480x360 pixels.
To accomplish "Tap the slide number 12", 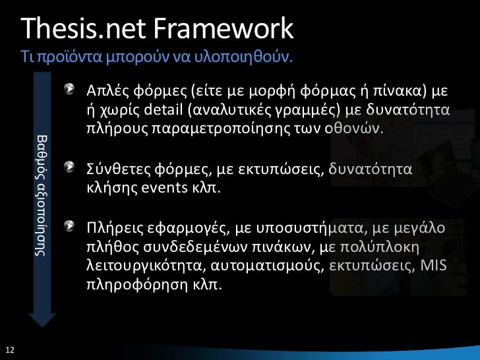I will pyautogui.click(x=9, y=349).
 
